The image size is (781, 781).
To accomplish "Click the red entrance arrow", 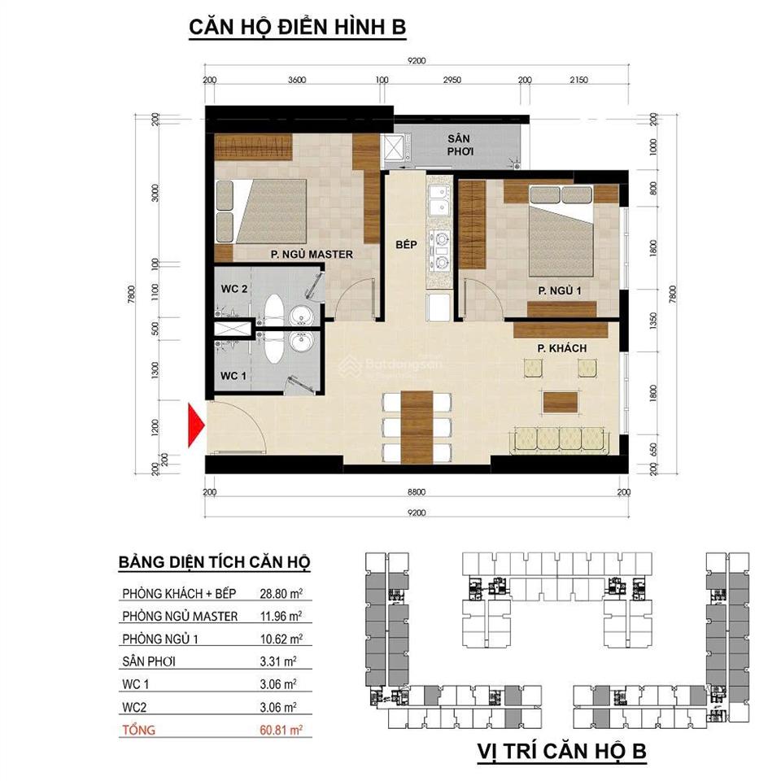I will (195, 425).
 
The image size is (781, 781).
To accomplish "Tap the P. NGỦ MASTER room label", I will (312, 254).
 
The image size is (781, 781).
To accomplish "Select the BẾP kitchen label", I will (407, 243).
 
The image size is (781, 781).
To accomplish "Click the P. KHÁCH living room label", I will (562, 349).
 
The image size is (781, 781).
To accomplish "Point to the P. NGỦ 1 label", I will (560, 290).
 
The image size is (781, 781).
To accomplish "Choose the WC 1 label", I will (234, 375).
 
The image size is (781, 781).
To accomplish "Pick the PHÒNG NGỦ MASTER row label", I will (181, 617).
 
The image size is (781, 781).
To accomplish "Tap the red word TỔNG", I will (139, 731).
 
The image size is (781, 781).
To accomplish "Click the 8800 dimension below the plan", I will (417, 492).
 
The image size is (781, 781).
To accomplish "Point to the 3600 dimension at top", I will (296, 80).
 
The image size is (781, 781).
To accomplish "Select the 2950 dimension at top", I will (452, 80).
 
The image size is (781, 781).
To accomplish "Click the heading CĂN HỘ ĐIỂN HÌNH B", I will (298, 27).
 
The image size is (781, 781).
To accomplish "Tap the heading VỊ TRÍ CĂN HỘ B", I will (561, 752).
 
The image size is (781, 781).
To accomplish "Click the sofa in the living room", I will (560, 439).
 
